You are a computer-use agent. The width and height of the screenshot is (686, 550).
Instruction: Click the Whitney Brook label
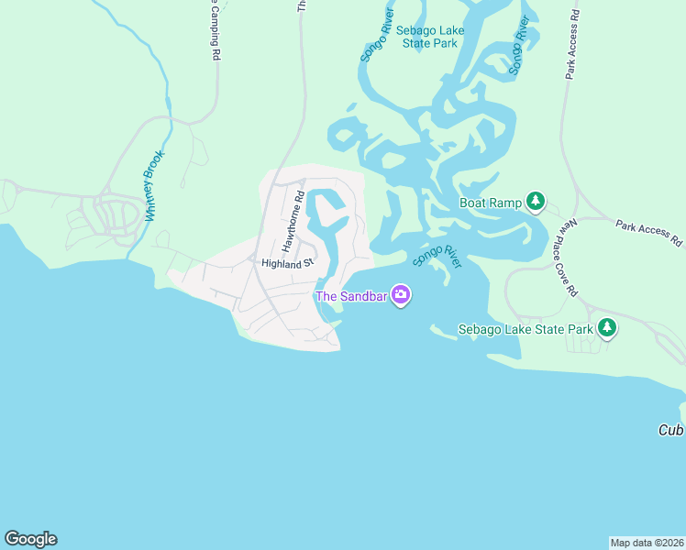click(154, 186)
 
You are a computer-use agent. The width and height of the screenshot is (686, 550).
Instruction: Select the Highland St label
click(287, 263)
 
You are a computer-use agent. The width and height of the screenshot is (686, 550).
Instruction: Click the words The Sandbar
click(350, 296)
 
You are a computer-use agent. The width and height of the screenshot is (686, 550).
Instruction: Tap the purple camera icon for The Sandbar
click(401, 295)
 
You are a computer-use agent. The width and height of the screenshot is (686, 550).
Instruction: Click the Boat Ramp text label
click(490, 203)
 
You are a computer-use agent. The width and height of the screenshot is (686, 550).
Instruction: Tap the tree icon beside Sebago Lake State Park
click(606, 327)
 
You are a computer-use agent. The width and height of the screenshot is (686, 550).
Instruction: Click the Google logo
click(30, 539)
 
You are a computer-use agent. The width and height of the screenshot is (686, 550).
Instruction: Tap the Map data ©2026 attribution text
click(647, 543)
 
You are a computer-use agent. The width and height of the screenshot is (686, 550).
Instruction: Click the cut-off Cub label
click(671, 430)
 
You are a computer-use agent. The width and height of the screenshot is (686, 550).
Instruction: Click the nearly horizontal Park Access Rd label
click(649, 233)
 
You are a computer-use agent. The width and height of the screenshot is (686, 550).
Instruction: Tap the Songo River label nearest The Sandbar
click(437, 255)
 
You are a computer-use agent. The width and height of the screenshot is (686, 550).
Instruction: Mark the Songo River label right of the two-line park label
click(520, 46)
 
